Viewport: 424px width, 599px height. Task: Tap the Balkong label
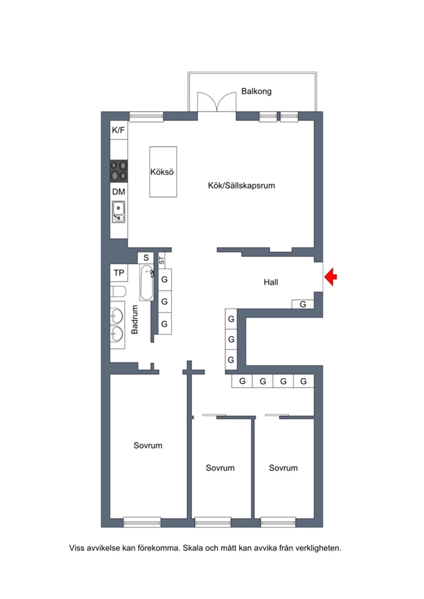coord(256,91)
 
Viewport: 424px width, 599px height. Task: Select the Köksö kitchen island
coord(163,172)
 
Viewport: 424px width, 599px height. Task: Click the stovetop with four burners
coord(119,171)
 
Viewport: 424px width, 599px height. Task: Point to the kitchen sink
coord(118,212)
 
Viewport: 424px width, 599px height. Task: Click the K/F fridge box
coord(119,130)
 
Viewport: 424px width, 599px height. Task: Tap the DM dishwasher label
coord(119,192)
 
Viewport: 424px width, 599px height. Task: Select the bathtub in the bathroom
coord(147,283)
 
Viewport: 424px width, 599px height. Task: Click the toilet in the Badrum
coord(118,291)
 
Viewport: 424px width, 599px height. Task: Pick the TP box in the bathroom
coord(119,273)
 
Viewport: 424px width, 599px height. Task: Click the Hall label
coord(271,282)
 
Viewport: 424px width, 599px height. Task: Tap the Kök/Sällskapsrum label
coord(241,186)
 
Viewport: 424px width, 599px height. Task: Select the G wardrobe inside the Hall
coord(302,304)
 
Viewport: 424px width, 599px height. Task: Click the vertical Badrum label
coord(134,319)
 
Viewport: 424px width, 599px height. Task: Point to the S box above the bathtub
coord(146,258)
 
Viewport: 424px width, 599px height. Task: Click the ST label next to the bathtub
coord(161,260)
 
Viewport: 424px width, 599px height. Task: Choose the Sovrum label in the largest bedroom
coord(147,445)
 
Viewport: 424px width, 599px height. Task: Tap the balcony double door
coord(217,102)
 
